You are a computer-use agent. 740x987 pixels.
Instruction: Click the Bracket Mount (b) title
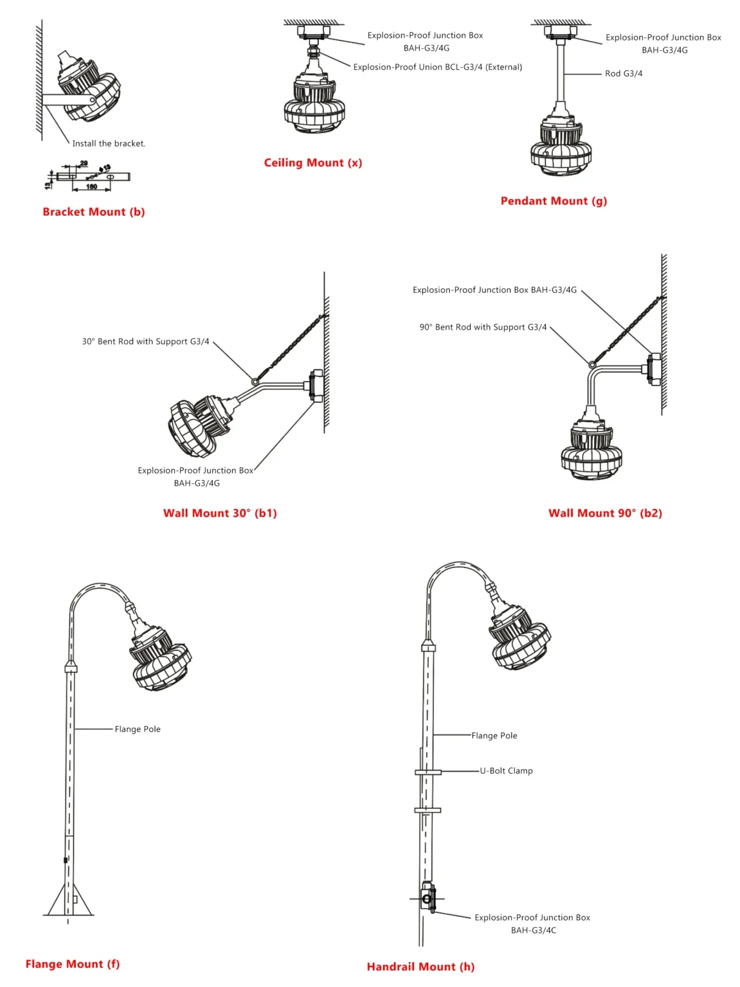click(94, 212)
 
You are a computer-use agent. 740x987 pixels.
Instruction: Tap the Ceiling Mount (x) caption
click(313, 163)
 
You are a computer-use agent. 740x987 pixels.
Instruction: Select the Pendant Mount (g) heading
click(554, 201)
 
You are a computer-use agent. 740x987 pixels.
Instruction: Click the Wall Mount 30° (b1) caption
click(220, 513)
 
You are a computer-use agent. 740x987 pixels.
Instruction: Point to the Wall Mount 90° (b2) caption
click(605, 513)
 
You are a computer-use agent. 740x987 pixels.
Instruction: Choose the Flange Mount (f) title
click(73, 964)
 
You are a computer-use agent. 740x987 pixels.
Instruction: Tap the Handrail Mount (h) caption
click(420, 966)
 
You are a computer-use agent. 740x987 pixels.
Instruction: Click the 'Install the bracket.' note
click(109, 143)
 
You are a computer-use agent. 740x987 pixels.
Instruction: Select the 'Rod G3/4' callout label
click(623, 74)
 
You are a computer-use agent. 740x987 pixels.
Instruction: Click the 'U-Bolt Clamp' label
click(506, 770)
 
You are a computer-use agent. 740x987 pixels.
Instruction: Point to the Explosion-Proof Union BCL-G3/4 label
click(437, 67)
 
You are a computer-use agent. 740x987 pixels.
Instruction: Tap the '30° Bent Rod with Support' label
click(145, 342)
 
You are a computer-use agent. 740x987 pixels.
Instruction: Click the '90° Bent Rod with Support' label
click(483, 327)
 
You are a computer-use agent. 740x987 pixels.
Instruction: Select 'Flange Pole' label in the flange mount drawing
click(138, 729)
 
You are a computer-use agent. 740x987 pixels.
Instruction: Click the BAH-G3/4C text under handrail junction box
click(534, 930)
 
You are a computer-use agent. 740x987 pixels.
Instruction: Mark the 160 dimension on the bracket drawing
click(91, 187)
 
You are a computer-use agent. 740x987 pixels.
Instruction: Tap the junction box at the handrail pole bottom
click(427, 898)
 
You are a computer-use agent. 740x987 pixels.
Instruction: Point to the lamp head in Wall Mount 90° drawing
click(591, 449)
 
